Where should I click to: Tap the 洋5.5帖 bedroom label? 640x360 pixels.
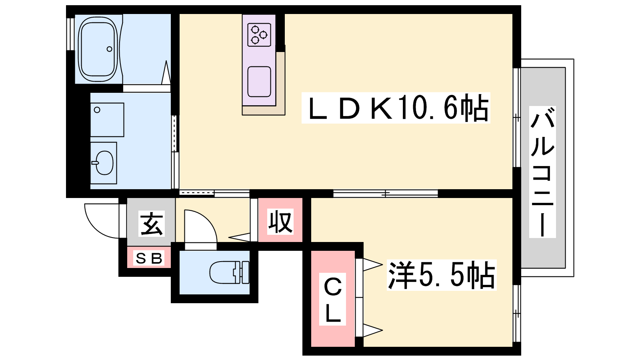pyautogui.click(x=442, y=275)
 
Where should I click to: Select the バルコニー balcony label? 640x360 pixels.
pyautogui.click(x=542, y=172)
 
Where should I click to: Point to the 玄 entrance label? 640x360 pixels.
pyautogui.click(x=152, y=224)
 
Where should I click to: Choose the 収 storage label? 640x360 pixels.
pyautogui.click(x=280, y=222)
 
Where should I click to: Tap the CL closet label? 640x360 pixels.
pyautogui.click(x=332, y=299)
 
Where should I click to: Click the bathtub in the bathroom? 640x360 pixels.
pyautogui.click(x=98, y=49)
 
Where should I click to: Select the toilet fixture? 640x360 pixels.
pyautogui.click(x=229, y=272)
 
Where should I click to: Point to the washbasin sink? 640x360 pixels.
pyautogui.click(x=104, y=163)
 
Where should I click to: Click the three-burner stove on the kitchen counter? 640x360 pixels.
pyautogui.click(x=259, y=35)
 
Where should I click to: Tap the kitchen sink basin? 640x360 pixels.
pyautogui.click(x=259, y=82)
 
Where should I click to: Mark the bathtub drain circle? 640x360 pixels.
pyautogui.click(x=110, y=49)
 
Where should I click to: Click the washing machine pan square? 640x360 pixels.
pyautogui.click(x=107, y=120)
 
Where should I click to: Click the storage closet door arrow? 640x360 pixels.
pyautogui.click(x=240, y=237)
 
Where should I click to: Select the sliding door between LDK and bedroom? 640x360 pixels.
pyautogui.click(x=386, y=194)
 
